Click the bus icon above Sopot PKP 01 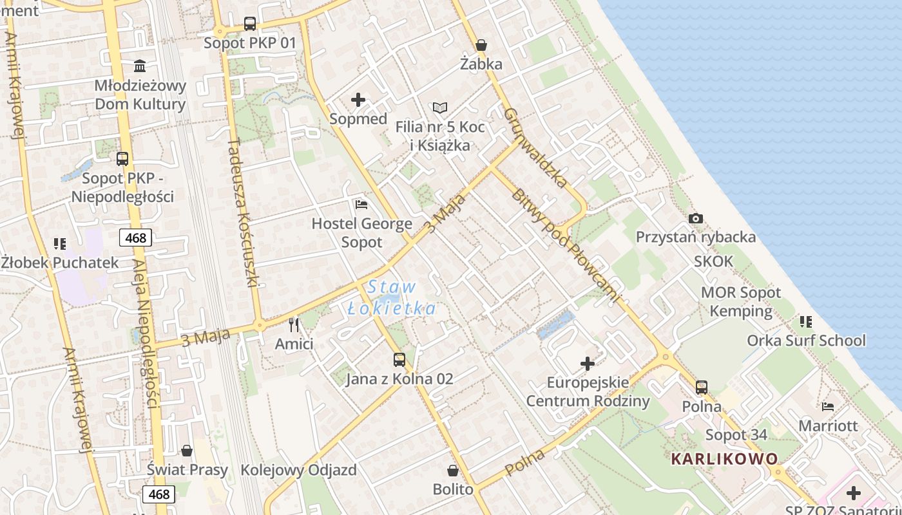(250, 24)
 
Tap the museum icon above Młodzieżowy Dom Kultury (140, 66)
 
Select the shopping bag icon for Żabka (481, 45)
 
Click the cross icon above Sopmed (358, 100)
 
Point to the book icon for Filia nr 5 (440, 108)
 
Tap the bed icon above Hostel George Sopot (361, 205)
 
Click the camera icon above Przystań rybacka (695, 219)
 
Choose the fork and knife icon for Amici (294, 324)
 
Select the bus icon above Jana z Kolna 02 (399, 360)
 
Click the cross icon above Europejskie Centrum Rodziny (588, 364)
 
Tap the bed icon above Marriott (828, 407)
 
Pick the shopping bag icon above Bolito (453, 471)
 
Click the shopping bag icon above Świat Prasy (187, 451)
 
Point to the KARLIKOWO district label (724, 459)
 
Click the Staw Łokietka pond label (392, 297)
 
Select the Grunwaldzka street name (535, 147)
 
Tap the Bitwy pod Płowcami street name (567, 245)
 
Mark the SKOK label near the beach (713, 261)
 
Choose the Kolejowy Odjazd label (298, 470)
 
